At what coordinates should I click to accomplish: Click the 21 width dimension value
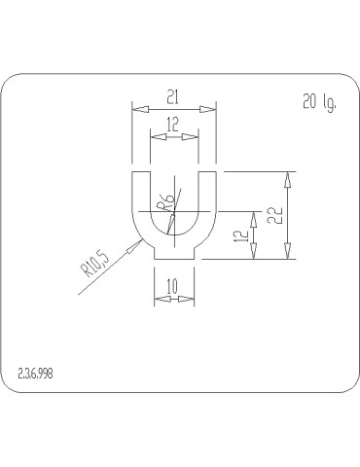point(172,97)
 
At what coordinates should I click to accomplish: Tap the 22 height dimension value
point(276,215)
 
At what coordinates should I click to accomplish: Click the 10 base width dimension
point(172,286)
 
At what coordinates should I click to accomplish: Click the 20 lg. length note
point(320,102)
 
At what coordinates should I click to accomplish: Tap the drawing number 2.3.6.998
point(35,374)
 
